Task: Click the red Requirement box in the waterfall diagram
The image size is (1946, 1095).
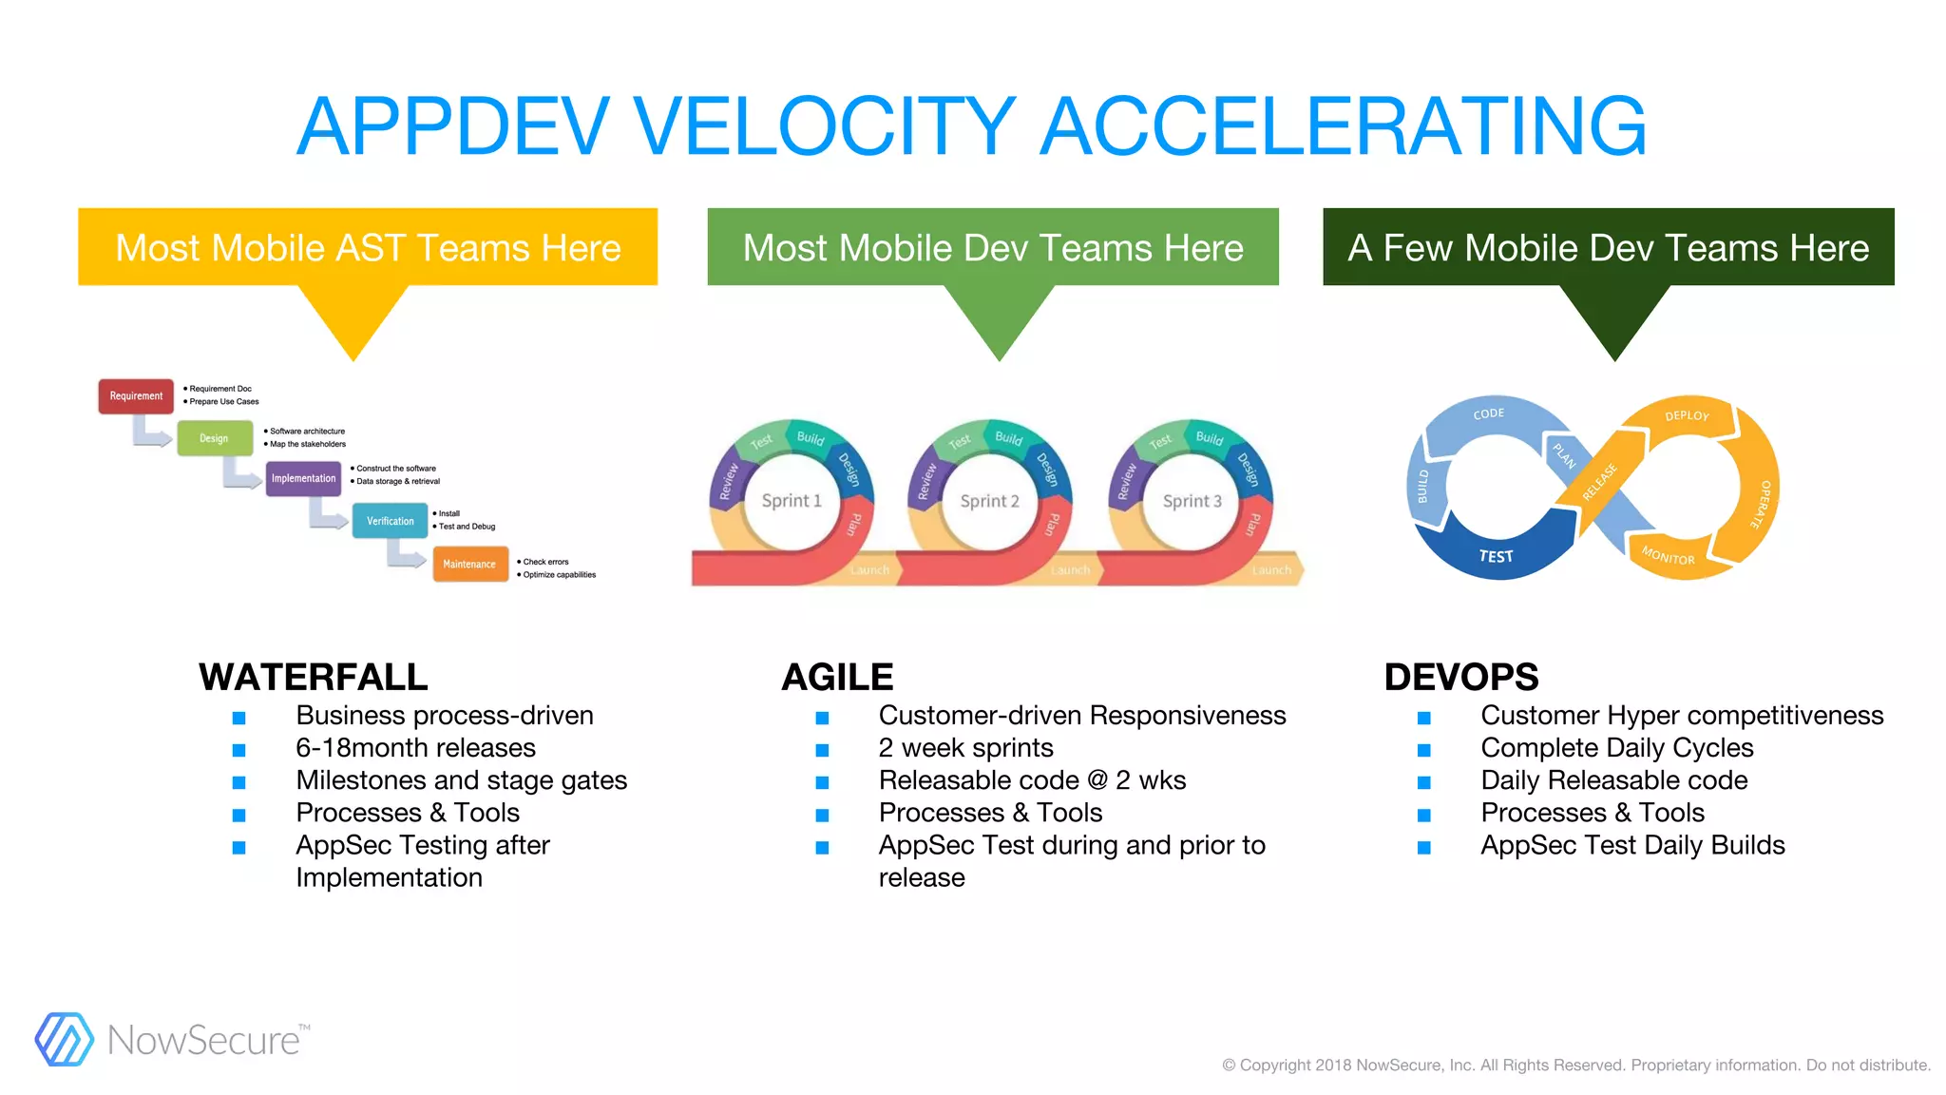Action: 136,396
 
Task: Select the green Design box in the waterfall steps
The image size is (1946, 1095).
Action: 215,438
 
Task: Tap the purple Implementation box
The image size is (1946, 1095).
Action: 303,478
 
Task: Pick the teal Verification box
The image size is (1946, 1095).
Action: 390,521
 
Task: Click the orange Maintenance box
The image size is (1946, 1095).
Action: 469,564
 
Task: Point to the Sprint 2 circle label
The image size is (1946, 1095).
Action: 989,501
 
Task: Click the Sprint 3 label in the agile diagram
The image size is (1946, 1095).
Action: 1192,501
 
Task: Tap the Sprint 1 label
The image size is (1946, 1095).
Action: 792,501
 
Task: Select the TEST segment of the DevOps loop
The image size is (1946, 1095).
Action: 1496,556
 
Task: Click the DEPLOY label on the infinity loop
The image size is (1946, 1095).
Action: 1687,415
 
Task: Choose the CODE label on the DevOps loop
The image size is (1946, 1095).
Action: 1489,413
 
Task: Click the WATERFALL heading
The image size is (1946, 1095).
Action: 314,677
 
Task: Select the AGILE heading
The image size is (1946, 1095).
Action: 837,677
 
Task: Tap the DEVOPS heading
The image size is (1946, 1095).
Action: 1460,677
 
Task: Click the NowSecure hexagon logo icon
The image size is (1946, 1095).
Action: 64,1039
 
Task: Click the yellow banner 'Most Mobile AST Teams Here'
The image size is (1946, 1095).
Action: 368,247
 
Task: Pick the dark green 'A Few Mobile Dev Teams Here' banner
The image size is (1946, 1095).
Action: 1608,247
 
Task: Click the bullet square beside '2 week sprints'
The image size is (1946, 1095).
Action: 822,750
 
